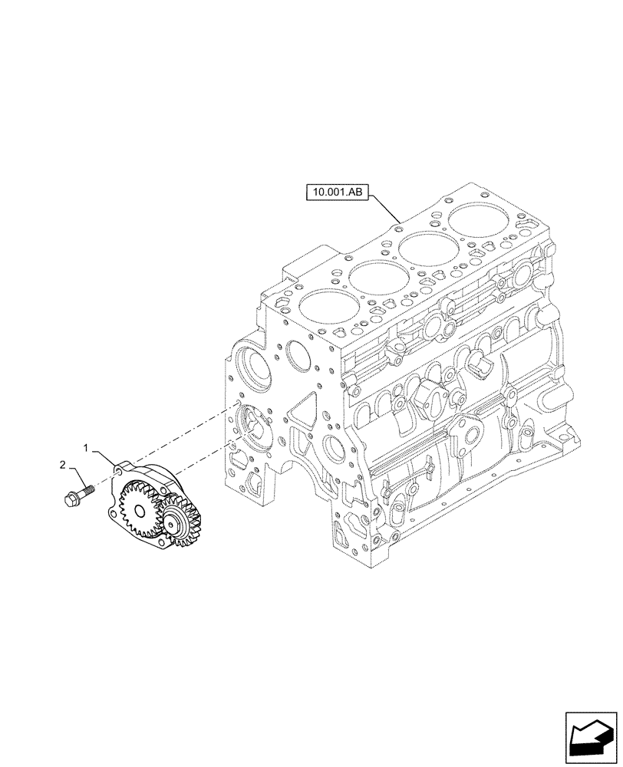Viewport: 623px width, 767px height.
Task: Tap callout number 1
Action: (87, 446)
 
